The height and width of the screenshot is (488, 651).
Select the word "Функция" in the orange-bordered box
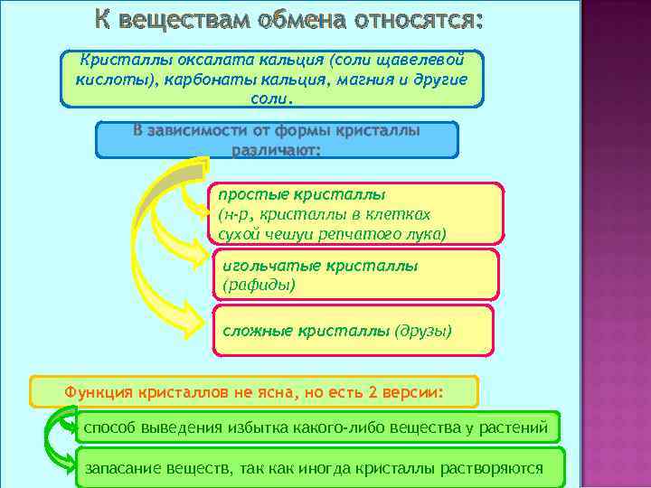[98, 393]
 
